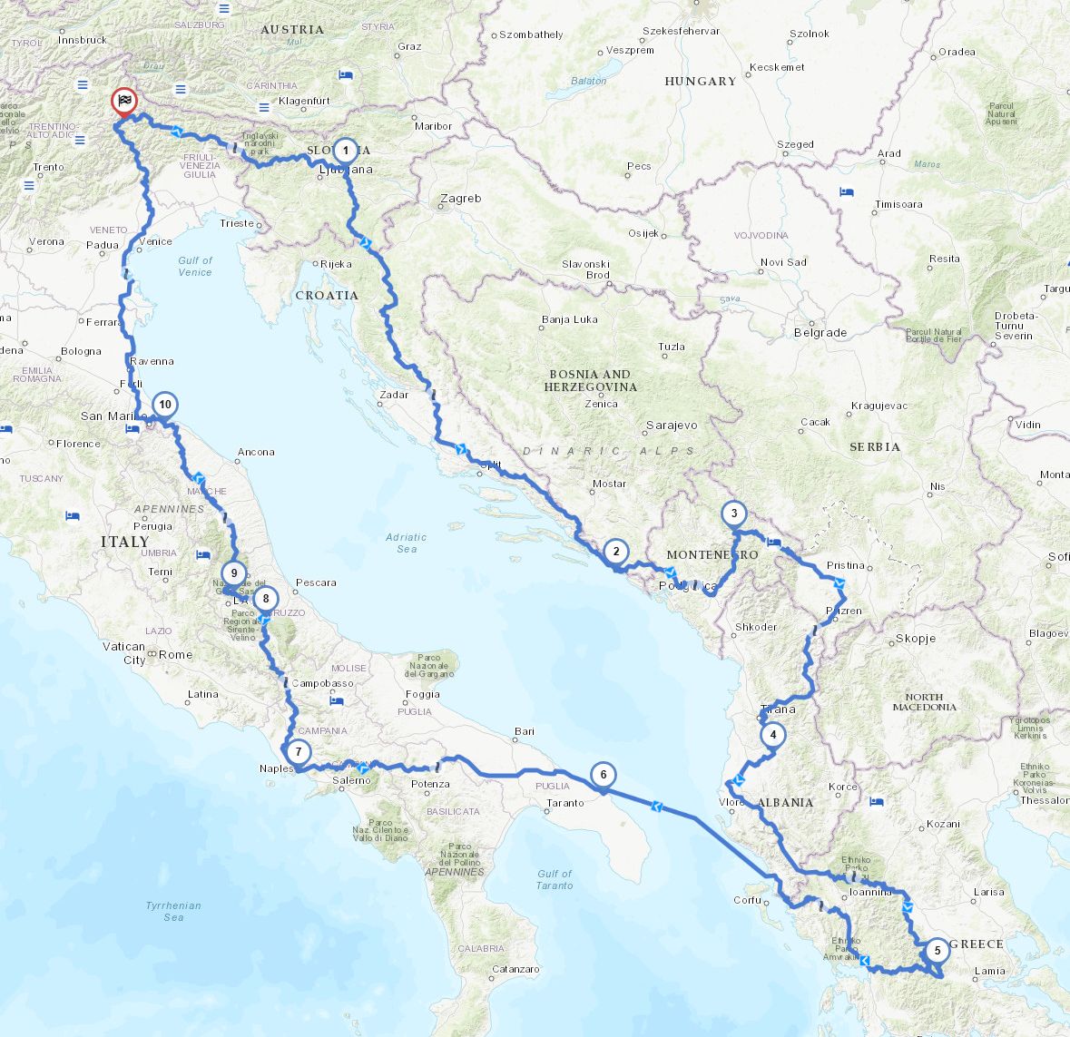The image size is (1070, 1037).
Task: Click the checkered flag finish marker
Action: tap(124, 102)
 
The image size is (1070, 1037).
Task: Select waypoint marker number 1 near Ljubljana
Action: tap(345, 150)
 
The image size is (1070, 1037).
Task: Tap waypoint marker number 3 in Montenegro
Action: tap(733, 514)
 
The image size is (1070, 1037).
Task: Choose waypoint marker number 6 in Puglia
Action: tap(603, 774)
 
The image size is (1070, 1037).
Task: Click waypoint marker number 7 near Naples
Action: tap(297, 752)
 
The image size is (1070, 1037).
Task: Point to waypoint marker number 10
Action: tap(164, 405)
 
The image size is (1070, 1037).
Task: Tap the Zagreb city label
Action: tap(461, 199)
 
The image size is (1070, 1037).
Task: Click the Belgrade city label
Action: tap(820, 333)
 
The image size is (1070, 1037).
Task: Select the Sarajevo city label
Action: tap(672, 425)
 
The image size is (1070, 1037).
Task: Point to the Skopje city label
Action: tap(915, 639)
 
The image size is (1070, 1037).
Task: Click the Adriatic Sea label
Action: tap(406, 543)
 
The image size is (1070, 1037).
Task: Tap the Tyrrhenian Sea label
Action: tap(173, 911)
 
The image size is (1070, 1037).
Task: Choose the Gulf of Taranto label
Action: tap(555, 879)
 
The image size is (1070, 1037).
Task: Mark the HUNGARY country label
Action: tap(701, 82)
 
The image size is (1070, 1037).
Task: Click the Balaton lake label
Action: tap(589, 81)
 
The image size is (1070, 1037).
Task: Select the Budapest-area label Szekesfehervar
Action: tap(681, 31)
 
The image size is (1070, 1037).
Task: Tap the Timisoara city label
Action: tap(898, 205)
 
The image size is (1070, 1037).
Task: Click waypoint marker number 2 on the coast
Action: tap(615, 551)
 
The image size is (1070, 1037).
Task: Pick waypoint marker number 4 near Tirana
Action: tap(772, 735)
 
